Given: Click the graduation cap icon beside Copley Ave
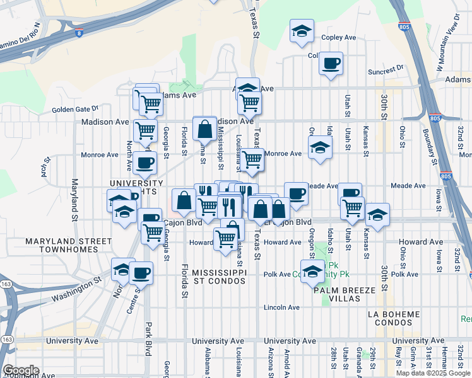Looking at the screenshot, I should (x=302, y=30).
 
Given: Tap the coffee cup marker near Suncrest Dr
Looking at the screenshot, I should (x=331, y=63).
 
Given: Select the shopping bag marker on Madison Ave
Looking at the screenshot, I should (x=205, y=129).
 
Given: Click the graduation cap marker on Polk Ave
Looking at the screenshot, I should (x=311, y=272).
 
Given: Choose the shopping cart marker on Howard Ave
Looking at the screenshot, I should (x=225, y=238).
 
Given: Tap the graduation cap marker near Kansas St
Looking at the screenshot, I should (x=377, y=215).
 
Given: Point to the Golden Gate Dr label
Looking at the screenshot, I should (x=75, y=109).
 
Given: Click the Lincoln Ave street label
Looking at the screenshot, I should (x=281, y=307).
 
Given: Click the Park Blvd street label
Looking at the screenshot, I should (x=149, y=340).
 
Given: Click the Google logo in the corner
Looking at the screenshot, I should (x=21, y=370).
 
